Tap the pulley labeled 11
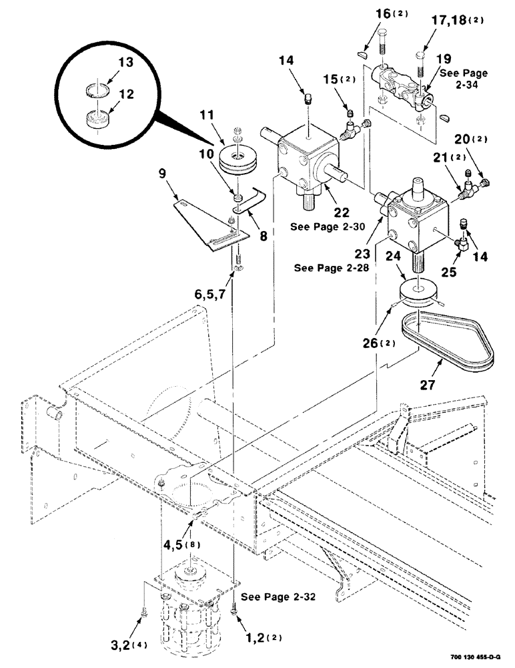pos(237,160)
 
